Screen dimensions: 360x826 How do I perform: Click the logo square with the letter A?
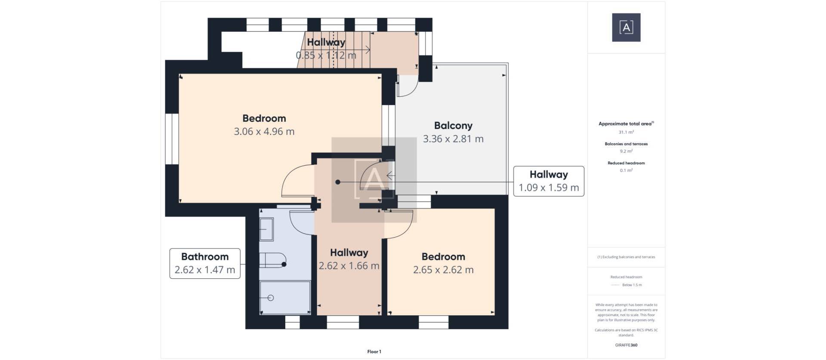coord(626,28)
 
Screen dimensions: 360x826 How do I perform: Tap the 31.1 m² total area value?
coord(626,132)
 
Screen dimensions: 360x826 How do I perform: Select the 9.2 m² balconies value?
coord(626,151)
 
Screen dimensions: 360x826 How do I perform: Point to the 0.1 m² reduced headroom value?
coord(626,170)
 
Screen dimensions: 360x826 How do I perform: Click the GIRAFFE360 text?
coord(626,345)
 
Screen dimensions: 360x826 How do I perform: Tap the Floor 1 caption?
coord(374,352)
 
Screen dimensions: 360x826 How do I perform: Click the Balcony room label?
coord(453,126)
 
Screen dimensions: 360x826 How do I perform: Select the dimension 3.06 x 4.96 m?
coord(264,132)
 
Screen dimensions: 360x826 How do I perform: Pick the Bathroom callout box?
coord(205,263)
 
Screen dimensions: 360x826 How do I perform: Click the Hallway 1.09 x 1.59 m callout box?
coord(549,181)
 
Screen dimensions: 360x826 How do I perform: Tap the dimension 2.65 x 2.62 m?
coord(443,270)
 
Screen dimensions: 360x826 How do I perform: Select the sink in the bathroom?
coord(266,229)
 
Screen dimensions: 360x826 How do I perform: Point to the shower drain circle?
coord(271,298)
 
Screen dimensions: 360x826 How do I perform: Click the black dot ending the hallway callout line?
coord(338,182)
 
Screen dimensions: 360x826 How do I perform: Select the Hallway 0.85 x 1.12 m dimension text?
coord(326,55)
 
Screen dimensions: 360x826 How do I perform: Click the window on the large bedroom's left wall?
coord(172,138)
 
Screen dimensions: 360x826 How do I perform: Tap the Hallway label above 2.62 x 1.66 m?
coord(349,253)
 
